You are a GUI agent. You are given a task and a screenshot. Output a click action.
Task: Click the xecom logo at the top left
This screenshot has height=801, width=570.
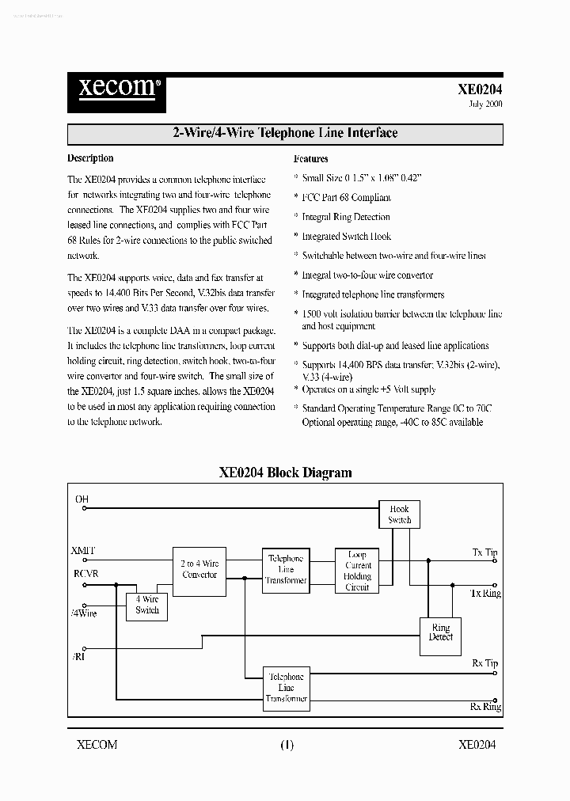[x=115, y=87]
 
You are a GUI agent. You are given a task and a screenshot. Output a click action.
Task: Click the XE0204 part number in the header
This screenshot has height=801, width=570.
[x=480, y=90]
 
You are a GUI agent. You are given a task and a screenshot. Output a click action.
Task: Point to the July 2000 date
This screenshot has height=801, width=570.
[x=480, y=104]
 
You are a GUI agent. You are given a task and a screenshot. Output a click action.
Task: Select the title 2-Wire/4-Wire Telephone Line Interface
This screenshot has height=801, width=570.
[x=285, y=133]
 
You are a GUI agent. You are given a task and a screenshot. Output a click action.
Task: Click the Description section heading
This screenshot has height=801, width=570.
[x=90, y=158]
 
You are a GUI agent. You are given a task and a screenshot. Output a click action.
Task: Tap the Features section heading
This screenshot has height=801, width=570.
[x=310, y=158]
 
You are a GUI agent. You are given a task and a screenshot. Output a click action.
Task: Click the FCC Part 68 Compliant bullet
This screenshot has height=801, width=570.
[x=346, y=197]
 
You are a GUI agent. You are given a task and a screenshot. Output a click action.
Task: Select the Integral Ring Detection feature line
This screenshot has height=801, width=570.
[x=346, y=217]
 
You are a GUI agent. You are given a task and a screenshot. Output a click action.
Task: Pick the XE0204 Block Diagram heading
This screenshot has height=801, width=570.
[x=285, y=473]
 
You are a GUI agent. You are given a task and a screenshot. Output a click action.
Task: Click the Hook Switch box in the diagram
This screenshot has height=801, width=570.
[x=399, y=514]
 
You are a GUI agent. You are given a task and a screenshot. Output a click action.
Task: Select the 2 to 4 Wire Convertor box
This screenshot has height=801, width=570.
[x=199, y=569]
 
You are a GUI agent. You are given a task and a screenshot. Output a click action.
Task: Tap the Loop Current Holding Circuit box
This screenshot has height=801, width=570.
[x=357, y=571]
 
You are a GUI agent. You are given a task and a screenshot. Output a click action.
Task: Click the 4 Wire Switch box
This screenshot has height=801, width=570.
[x=147, y=605]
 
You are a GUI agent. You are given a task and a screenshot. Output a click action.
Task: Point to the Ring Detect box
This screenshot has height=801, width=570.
[x=441, y=632]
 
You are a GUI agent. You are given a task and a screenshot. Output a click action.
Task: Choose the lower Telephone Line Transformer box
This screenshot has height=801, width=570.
[x=286, y=688]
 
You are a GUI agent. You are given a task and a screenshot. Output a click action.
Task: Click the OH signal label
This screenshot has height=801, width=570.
[x=82, y=499]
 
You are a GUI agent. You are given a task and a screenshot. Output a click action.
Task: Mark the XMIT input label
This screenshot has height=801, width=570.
[x=83, y=550]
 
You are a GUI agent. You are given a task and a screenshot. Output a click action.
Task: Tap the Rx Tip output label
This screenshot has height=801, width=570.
[x=484, y=663]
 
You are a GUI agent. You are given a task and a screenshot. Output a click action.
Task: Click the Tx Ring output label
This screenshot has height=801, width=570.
[x=485, y=593]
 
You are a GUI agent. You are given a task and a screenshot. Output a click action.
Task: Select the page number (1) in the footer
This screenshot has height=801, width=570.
[x=286, y=744]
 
